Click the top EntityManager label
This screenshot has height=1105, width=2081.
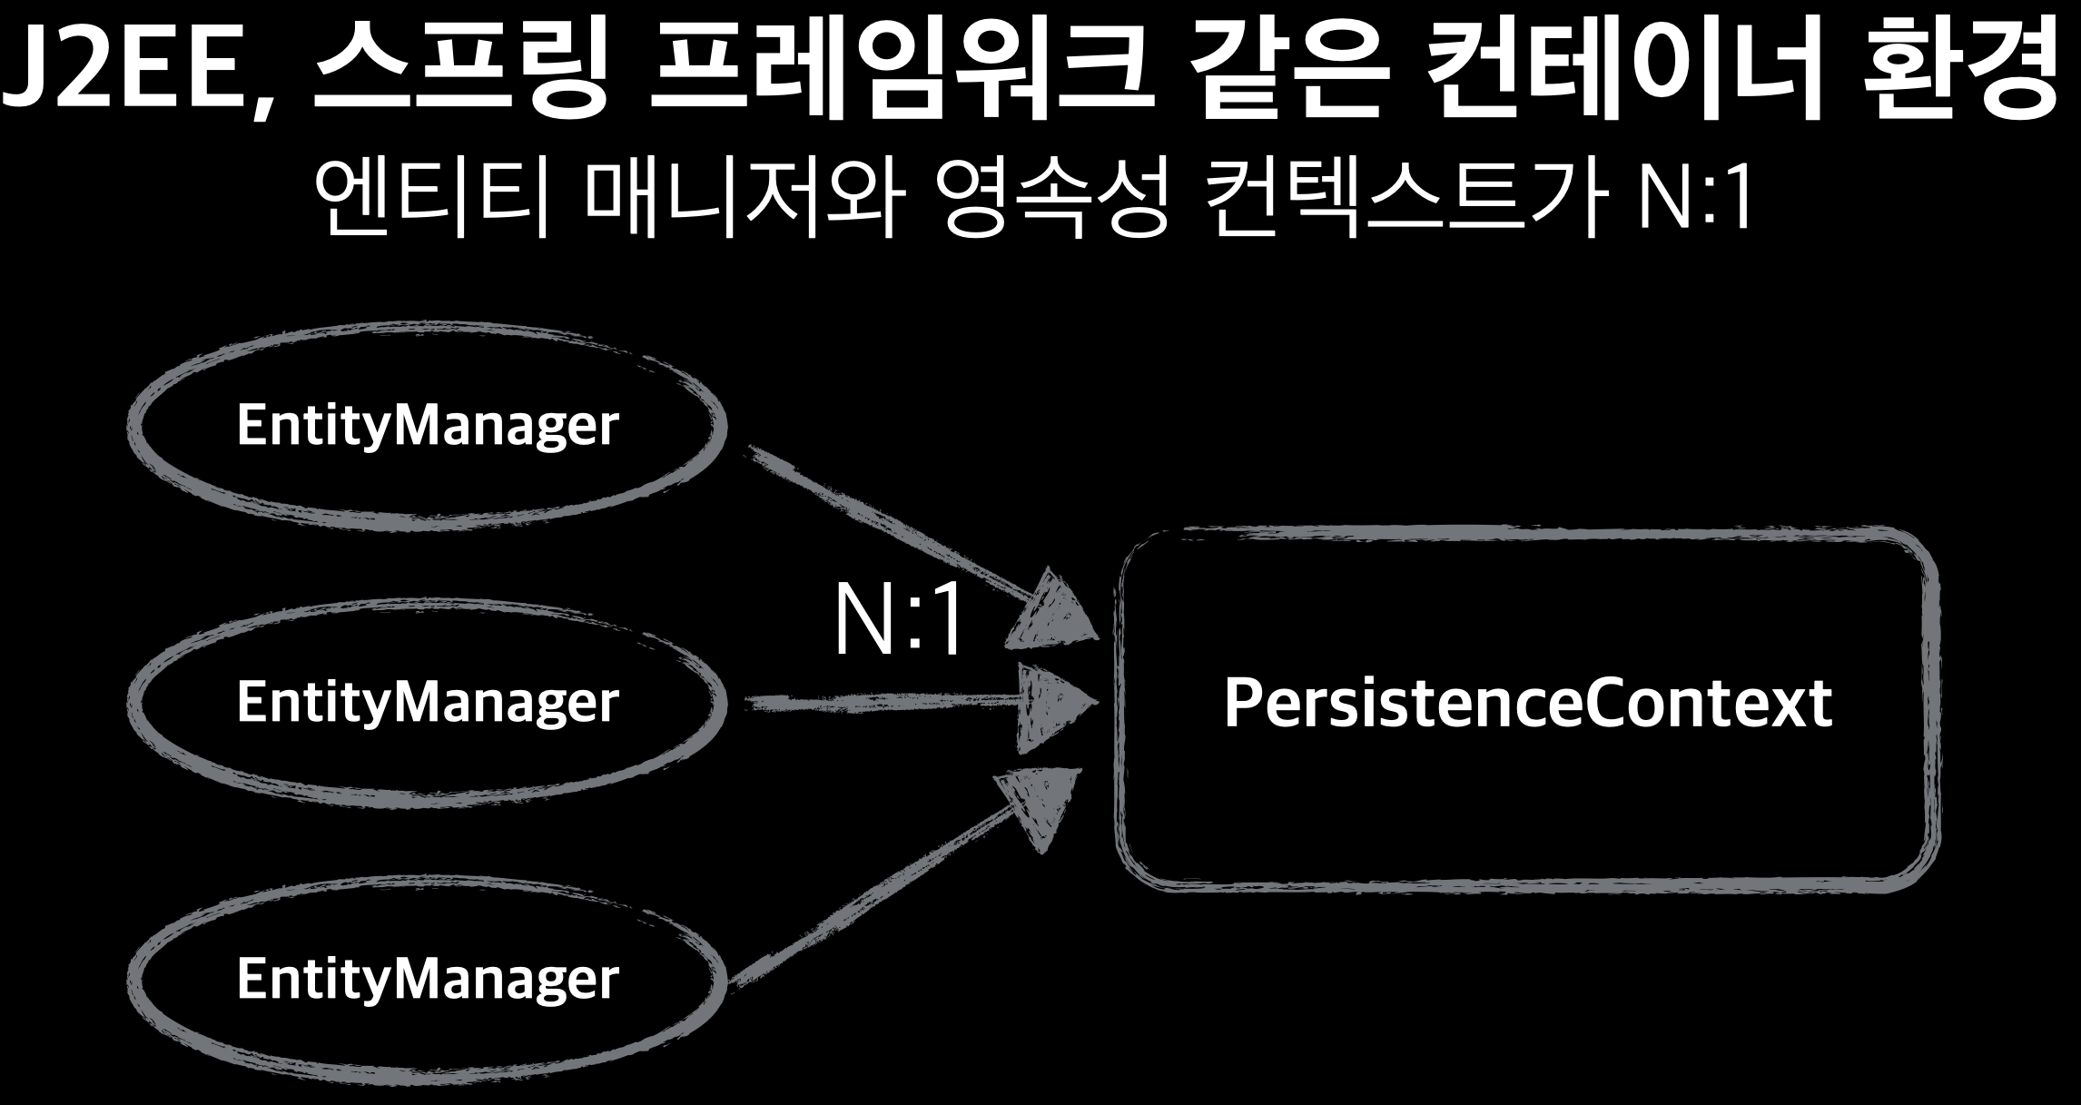coord(427,425)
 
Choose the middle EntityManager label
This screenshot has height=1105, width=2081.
coord(427,702)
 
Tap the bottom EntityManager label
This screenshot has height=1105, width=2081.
coord(427,979)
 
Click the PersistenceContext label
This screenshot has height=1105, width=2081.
coord(1527,704)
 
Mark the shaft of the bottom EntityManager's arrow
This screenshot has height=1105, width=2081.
coord(872,899)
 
